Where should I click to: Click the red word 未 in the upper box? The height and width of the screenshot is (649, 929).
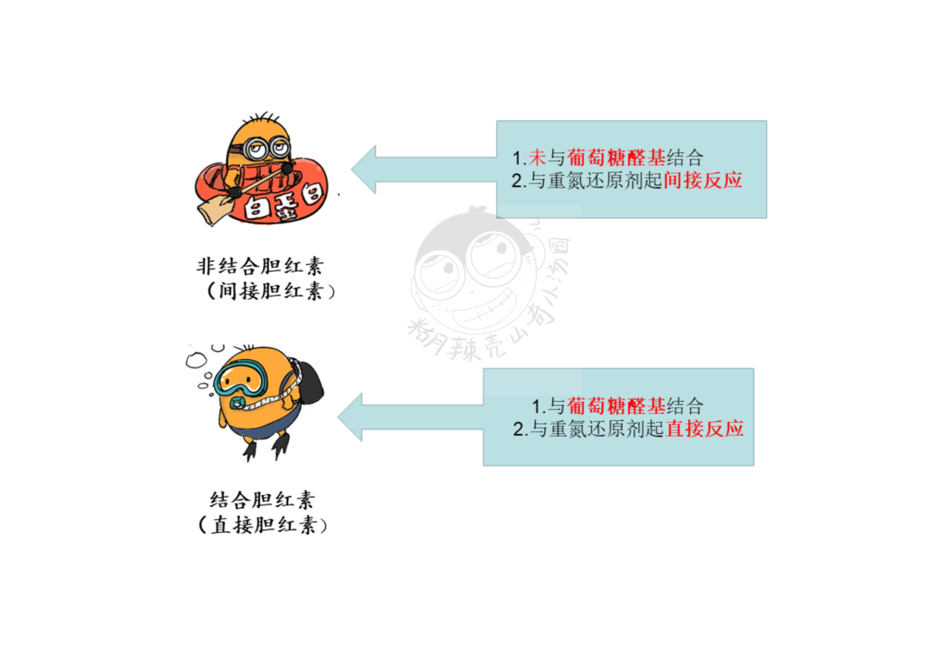tap(538, 158)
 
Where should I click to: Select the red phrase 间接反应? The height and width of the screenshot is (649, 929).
tap(703, 180)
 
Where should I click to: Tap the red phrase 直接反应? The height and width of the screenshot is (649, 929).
tap(705, 429)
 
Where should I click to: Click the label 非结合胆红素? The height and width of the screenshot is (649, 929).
tap(260, 266)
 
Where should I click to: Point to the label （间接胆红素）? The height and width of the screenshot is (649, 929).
tap(270, 291)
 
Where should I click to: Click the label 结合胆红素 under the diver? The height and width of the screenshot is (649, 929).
tap(261, 500)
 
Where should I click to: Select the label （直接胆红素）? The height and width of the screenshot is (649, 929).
tap(262, 525)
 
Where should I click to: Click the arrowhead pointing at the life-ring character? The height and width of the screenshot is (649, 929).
tap(364, 170)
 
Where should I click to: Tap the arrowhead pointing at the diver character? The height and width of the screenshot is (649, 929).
tap(350, 417)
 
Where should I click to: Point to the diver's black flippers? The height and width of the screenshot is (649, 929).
tap(267, 447)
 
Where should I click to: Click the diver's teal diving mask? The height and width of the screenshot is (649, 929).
tap(241, 379)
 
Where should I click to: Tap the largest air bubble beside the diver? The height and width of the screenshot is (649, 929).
tap(196, 360)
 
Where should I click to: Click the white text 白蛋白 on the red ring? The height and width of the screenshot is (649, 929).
tap(285, 202)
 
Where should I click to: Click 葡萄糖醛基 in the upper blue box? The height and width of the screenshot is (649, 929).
tap(616, 158)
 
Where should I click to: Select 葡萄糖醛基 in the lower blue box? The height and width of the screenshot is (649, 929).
tap(616, 406)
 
